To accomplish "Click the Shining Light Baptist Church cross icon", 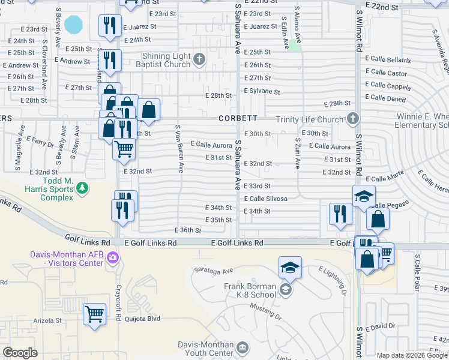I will [199, 58].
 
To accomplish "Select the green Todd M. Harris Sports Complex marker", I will [82, 190].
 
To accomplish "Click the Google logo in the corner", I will [20, 353].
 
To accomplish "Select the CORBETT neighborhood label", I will [238, 119].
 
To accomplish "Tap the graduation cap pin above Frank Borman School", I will [290, 268].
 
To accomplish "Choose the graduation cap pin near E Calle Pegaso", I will [364, 197].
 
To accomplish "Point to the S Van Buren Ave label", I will [178, 149].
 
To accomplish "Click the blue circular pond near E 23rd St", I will [73, 25].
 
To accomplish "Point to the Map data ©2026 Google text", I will [412, 355].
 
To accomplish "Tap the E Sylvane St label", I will [262, 92].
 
